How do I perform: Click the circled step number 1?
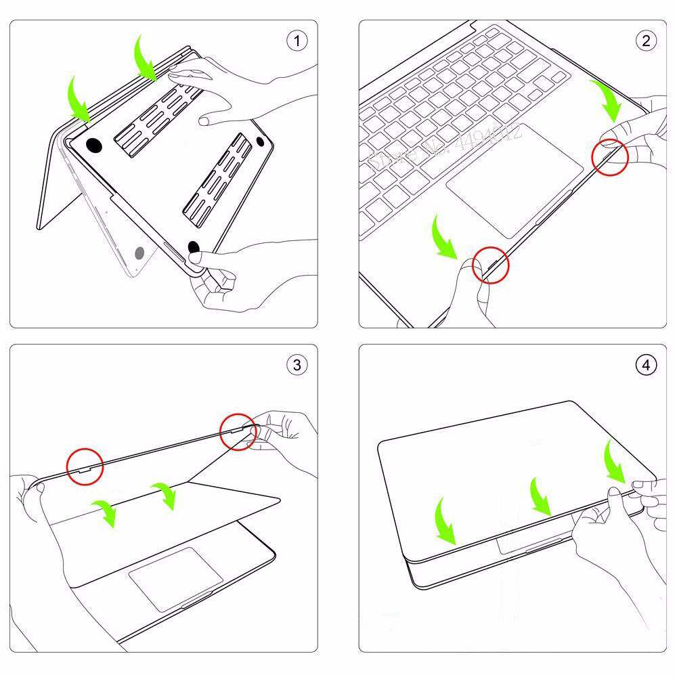tap(296, 41)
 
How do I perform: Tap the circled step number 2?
tap(645, 41)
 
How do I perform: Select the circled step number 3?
tap(296, 365)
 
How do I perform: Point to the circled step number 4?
tap(645, 365)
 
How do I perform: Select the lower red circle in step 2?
tap(490, 264)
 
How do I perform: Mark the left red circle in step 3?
tap(85, 466)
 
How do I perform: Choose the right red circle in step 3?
tap(239, 431)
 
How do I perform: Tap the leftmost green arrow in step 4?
tap(445, 521)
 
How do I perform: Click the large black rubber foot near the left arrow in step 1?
tap(94, 145)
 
